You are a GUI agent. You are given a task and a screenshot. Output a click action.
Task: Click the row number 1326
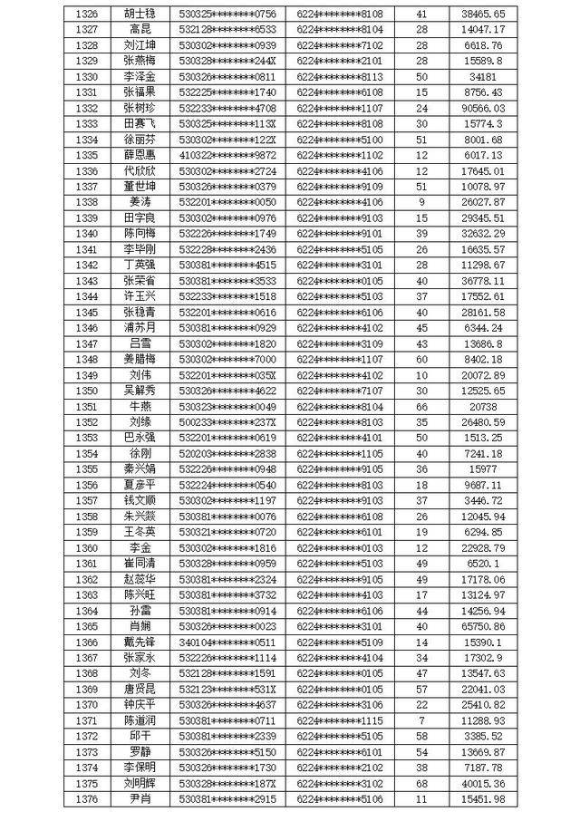[x=87, y=14]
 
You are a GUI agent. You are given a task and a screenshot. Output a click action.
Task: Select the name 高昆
[x=140, y=30]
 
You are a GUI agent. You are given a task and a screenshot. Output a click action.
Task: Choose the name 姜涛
[x=140, y=201]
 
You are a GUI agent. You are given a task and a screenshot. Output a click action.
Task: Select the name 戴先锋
[x=140, y=642]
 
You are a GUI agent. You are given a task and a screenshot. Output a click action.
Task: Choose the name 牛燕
[x=140, y=407]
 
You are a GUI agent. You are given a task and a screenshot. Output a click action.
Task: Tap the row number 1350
[x=87, y=391]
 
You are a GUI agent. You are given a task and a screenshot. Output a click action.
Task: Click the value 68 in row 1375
[x=421, y=782]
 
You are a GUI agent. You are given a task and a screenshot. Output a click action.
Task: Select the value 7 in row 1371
[x=421, y=720]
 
